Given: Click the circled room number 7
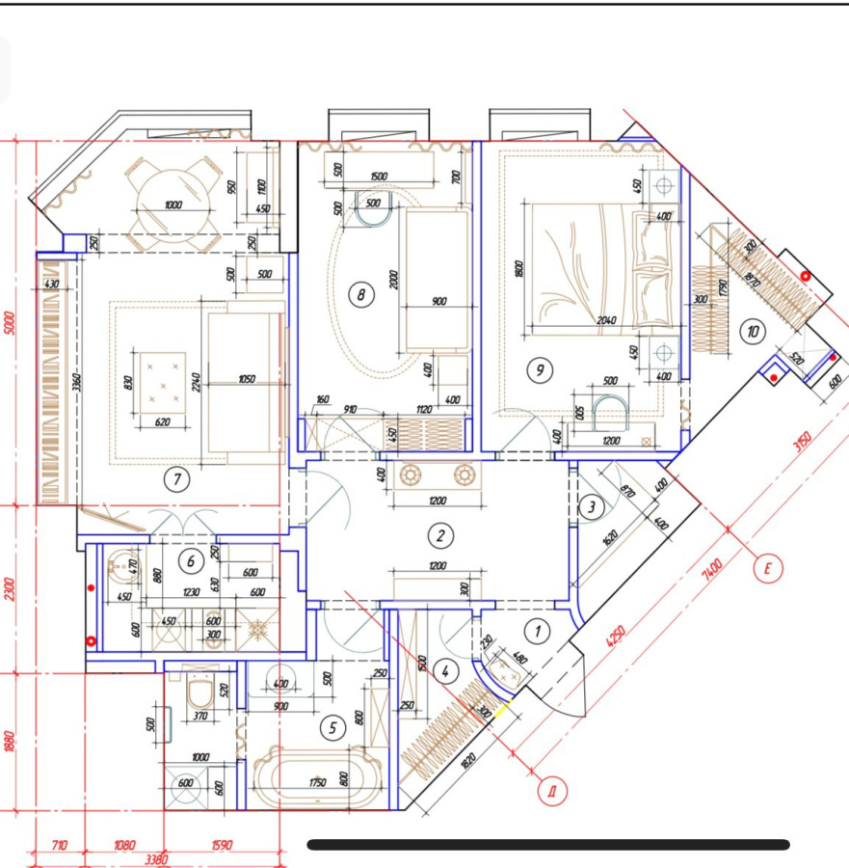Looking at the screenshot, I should [175, 477].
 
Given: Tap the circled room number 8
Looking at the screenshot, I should [360, 294].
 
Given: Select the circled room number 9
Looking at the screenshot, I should [538, 367].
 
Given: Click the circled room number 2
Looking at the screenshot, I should [439, 536].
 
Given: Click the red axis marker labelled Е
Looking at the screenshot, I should [767, 568].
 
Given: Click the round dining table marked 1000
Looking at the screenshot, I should [173, 204].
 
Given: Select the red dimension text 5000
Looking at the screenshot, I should [11, 321].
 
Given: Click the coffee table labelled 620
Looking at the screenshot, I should [162, 390].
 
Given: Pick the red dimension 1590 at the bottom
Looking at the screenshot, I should [221, 845].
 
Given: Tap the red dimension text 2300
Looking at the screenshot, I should [11, 587].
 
